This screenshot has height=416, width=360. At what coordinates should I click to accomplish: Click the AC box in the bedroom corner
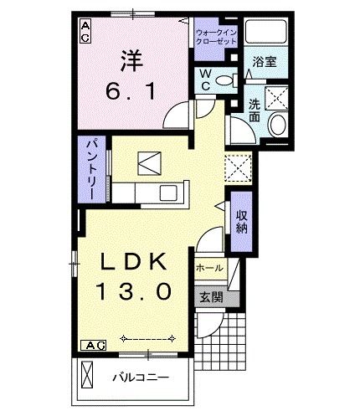click(85, 31)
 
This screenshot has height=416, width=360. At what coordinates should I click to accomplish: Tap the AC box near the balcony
click(93, 345)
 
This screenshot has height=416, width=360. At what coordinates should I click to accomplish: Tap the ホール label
click(209, 268)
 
